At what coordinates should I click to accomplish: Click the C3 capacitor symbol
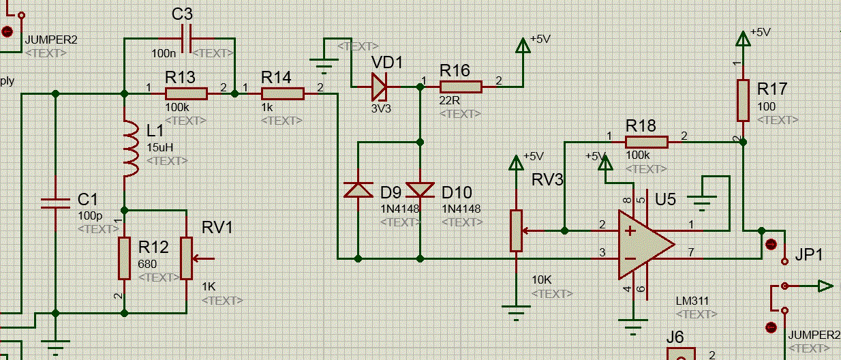click(x=186, y=39)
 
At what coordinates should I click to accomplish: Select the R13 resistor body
click(x=186, y=93)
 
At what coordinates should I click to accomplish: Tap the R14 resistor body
click(x=283, y=93)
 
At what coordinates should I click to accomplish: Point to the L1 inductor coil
click(x=131, y=149)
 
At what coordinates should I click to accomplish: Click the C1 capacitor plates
click(x=56, y=203)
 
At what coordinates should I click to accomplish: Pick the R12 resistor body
click(x=124, y=258)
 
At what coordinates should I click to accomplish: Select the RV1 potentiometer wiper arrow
click(x=203, y=258)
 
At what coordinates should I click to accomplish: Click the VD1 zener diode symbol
click(x=380, y=87)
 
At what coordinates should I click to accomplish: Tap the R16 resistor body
click(x=461, y=87)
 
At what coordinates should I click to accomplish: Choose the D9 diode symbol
click(x=358, y=190)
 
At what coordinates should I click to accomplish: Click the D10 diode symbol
click(x=420, y=190)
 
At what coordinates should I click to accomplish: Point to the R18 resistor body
click(x=647, y=142)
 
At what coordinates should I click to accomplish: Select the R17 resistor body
click(x=743, y=100)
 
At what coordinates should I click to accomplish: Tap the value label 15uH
click(x=160, y=147)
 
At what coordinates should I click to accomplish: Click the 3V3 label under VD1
click(x=381, y=108)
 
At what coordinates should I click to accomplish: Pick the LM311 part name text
click(x=692, y=301)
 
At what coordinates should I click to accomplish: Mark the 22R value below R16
click(x=449, y=100)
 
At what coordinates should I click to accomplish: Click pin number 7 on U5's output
click(x=691, y=252)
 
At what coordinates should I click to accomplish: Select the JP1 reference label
click(x=809, y=255)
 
